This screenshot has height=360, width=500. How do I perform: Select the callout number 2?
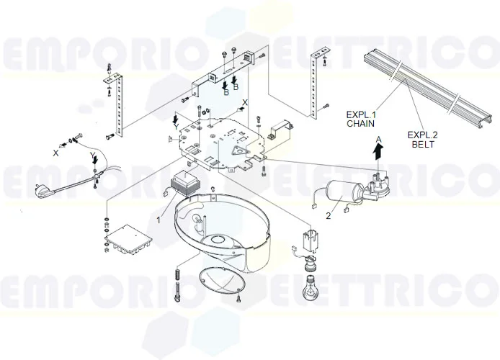(x=328, y=215)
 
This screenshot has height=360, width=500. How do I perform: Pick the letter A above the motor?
(x=378, y=137)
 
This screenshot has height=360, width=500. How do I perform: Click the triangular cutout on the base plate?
(x=236, y=150)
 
